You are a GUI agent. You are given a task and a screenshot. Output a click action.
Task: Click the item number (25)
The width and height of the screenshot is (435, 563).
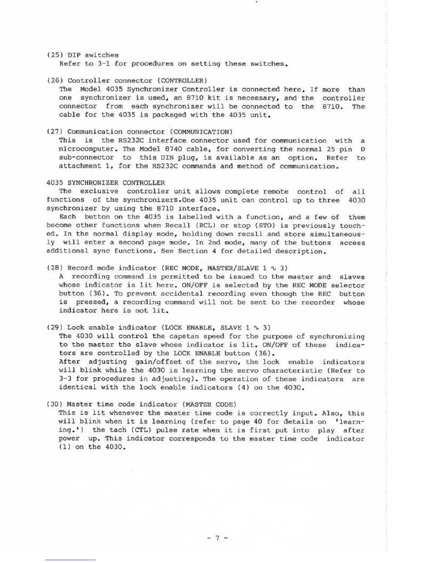53,55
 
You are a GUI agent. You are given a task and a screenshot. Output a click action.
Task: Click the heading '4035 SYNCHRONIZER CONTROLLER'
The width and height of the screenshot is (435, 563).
106,183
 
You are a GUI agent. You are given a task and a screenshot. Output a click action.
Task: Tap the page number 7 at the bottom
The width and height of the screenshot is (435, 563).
217,538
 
